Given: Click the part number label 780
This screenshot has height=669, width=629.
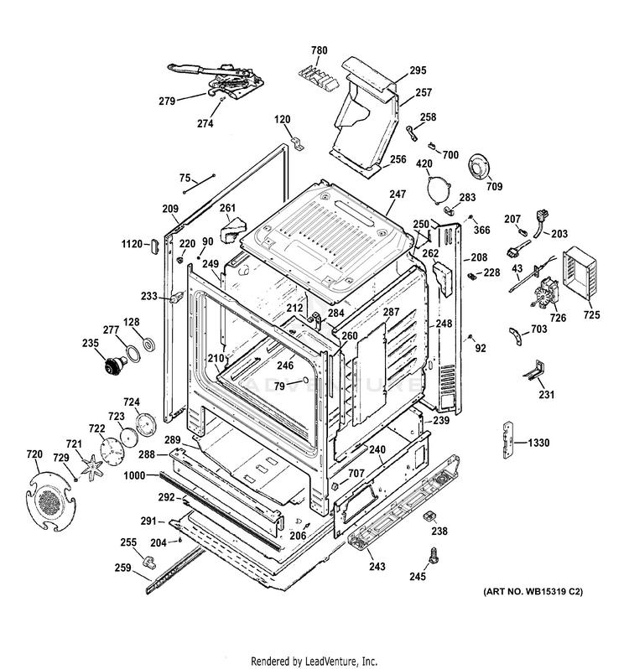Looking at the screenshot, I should tap(320, 51).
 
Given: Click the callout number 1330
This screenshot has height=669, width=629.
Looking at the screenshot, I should tap(541, 443).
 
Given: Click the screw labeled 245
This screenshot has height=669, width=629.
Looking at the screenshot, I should tap(434, 554).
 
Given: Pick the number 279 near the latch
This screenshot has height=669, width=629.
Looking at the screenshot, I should tap(166, 101).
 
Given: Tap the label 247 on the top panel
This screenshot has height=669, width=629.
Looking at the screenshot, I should tap(397, 194).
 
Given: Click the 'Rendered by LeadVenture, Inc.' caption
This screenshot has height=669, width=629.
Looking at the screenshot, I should tap(314, 660).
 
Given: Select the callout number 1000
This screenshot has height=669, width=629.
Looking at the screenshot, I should tap(135, 475).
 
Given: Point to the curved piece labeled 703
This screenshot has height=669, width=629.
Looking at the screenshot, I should tap(512, 334).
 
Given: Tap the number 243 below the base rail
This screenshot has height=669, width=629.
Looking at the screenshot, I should tap(377, 567).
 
